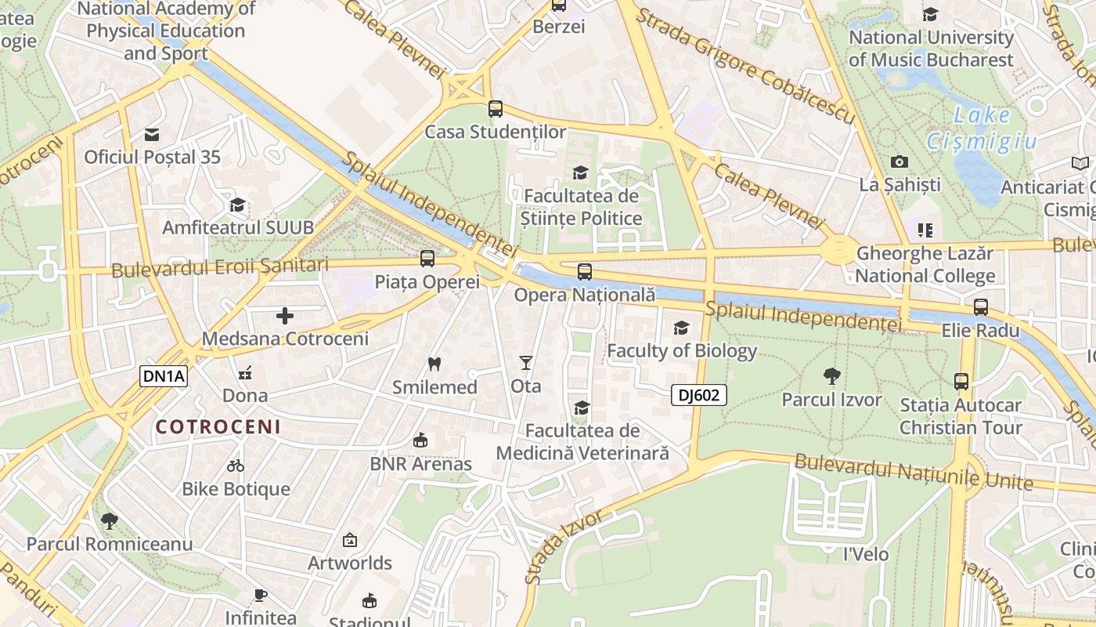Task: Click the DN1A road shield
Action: pyautogui.click(x=164, y=376)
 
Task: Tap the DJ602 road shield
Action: pyautogui.click(x=698, y=395)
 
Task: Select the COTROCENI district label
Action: pyautogui.click(x=218, y=427)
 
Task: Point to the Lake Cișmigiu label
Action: pyautogui.click(x=982, y=129)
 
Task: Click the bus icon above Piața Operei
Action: pyautogui.click(x=427, y=258)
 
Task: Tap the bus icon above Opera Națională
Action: pyautogui.click(x=585, y=272)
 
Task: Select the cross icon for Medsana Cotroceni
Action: pyautogui.click(x=285, y=316)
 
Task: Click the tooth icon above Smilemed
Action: pyautogui.click(x=434, y=364)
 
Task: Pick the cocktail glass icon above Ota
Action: pyautogui.click(x=525, y=363)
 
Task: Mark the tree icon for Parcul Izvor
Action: pyautogui.click(x=832, y=376)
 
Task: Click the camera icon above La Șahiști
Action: pyautogui.click(x=900, y=162)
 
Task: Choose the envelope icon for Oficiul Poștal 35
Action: pyautogui.click(x=152, y=134)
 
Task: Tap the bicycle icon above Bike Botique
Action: pyautogui.click(x=236, y=466)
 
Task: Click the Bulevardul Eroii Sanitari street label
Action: pyautogui.click(x=220, y=267)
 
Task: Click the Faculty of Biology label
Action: pyautogui.click(x=682, y=350)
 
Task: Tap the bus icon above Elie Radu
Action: pyautogui.click(x=981, y=307)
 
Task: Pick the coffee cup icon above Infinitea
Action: pyautogui.click(x=261, y=595)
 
